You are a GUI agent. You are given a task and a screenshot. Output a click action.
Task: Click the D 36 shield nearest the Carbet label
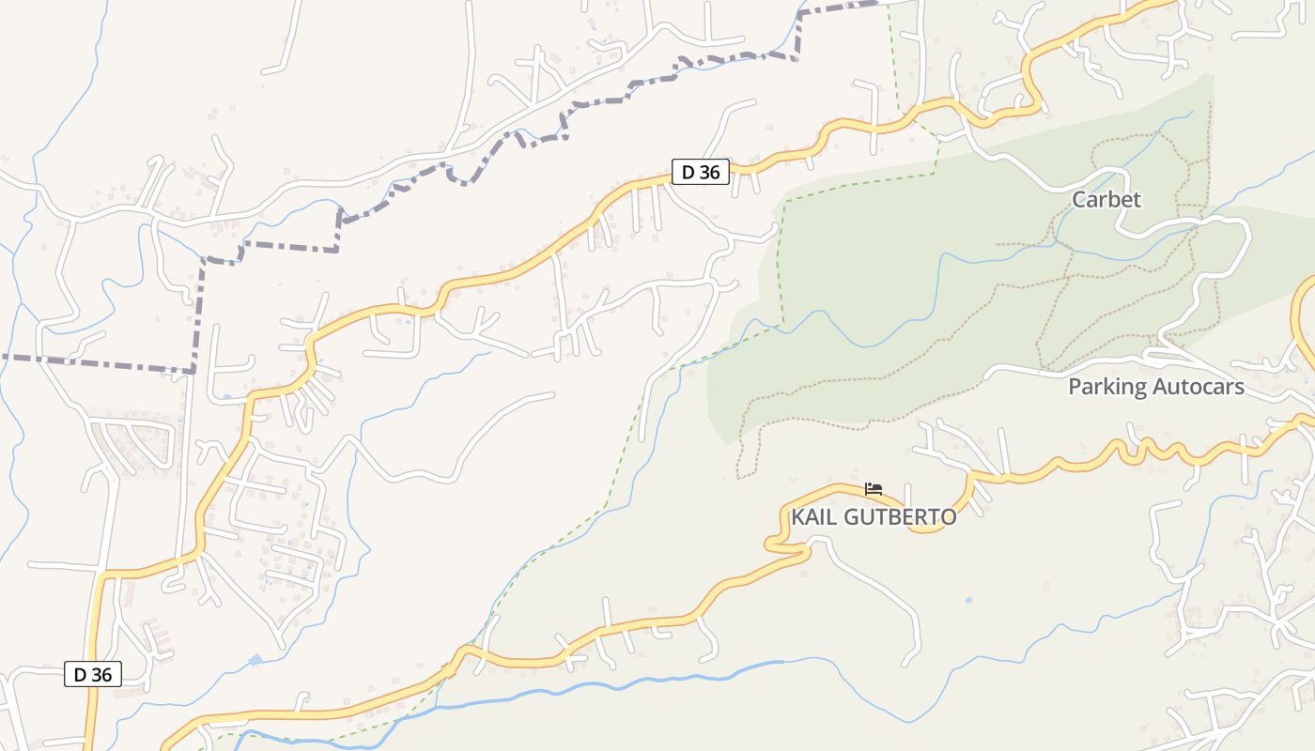[x=700, y=172]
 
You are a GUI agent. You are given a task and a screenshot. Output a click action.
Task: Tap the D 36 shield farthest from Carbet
[x=93, y=674]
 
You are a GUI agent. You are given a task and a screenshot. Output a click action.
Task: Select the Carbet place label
[x=1106, y=199]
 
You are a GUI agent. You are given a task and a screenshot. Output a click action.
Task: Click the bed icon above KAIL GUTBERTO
[x=874, y=489]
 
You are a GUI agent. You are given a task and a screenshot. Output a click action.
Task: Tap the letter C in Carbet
[x=1079, y=199]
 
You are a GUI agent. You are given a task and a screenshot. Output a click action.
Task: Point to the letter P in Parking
[x=1075, y=387]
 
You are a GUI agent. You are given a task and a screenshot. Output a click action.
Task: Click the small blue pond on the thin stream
[x=255, y=660]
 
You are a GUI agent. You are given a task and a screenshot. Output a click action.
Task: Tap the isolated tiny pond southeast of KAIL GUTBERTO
[x=968, y=599]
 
